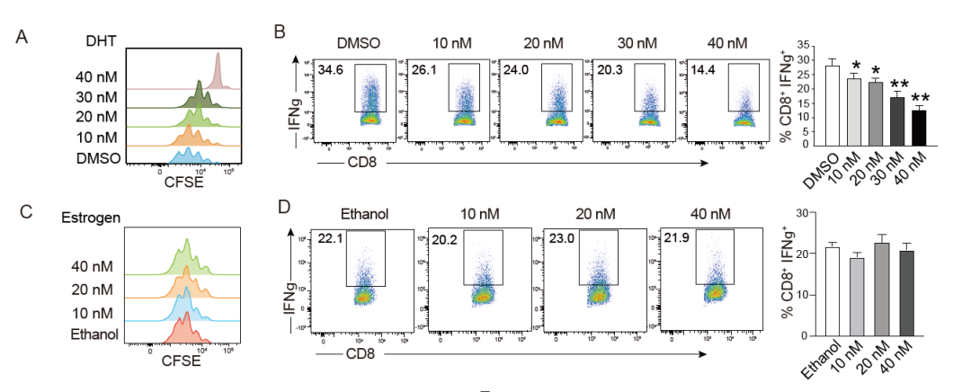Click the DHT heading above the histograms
pos(101,41)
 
